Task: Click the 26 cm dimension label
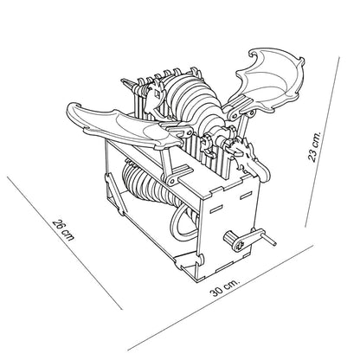pyautogui.click(x=64, y=230)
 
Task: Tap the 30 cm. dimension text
pyautogui.click(x=225, y=287)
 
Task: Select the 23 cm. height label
pyautogui.click(x=314, y=146)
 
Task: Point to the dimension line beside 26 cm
pyautogui.click(x=64, y=243)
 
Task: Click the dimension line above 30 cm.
pyautogui.click(x=220, y=298)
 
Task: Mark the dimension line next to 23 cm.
pyautogui.click(x=323, y=142)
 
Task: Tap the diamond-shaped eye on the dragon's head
pyautogui.click(x=156, y=93)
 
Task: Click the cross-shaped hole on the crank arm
pyautogui.click(x=240, y=245)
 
